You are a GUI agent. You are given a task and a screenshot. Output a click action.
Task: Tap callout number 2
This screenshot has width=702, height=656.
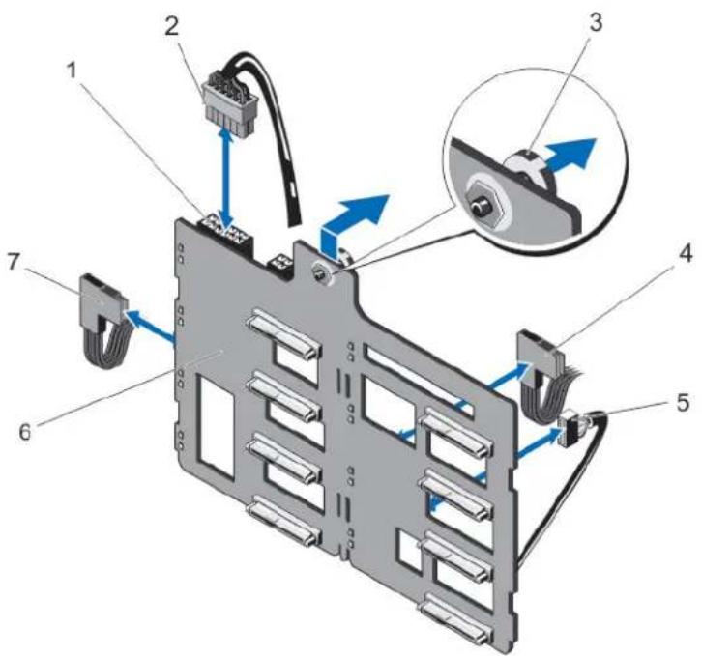point(170,28)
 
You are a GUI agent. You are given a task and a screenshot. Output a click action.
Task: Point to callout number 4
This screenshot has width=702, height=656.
point(684,254)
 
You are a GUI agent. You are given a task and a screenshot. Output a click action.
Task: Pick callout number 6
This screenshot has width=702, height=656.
point(26,431)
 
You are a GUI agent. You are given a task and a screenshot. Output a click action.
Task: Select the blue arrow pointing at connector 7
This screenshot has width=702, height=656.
point(149,327)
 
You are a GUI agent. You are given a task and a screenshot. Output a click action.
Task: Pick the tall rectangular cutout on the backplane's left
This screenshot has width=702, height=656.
point(218,426)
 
